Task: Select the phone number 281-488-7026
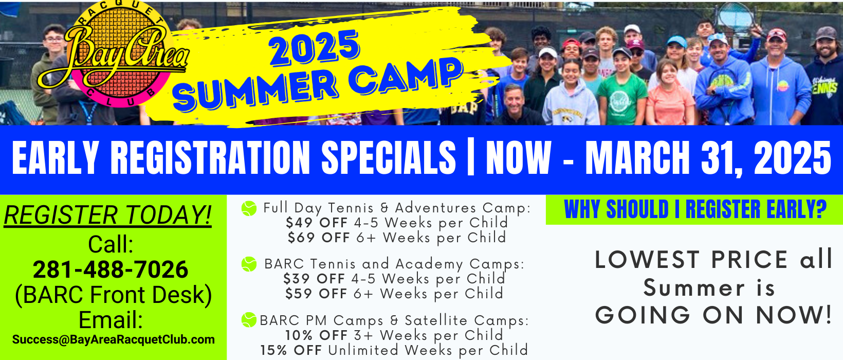111,269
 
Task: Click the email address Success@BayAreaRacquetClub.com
113,339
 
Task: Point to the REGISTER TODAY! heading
107,215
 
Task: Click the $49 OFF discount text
317,223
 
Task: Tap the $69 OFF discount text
319,238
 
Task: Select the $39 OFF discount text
314,279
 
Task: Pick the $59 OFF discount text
316,294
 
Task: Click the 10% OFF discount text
317,335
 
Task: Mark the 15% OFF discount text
291,350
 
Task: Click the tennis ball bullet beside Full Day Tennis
249,208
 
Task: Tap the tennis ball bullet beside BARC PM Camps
249,320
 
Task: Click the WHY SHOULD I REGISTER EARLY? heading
695,209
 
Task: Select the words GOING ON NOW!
713,315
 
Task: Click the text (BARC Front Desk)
113,295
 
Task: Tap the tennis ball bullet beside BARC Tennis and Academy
249,264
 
